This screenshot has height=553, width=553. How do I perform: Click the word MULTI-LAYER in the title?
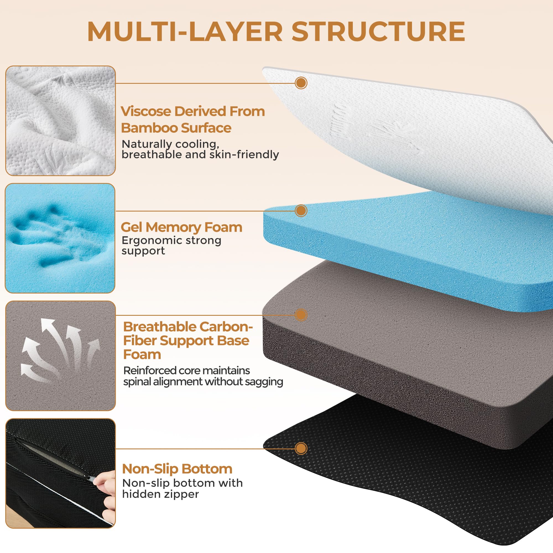pos(185,32)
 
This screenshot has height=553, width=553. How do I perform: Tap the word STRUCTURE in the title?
pos(379,32)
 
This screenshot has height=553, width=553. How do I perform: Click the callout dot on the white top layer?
pos(301,83)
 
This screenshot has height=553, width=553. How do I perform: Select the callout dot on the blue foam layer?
pos(301,211)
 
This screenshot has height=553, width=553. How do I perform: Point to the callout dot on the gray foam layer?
pos(301,315)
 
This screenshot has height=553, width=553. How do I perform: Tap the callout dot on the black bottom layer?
pos(301,448)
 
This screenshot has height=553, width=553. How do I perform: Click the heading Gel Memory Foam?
pos(181,228)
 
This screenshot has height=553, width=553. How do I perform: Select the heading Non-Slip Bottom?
pos(177,469)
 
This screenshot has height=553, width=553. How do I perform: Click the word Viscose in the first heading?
pos(146,111)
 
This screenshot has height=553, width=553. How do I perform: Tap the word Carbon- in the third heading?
pos(226,327)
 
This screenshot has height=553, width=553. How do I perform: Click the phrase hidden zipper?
pos(160,494)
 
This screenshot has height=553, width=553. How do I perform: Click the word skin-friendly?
pos(244,155)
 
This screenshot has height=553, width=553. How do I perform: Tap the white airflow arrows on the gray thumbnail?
pos(60,351)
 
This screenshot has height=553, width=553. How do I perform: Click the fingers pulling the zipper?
pos(105,498)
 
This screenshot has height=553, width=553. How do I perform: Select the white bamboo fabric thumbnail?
pos(60,121)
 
